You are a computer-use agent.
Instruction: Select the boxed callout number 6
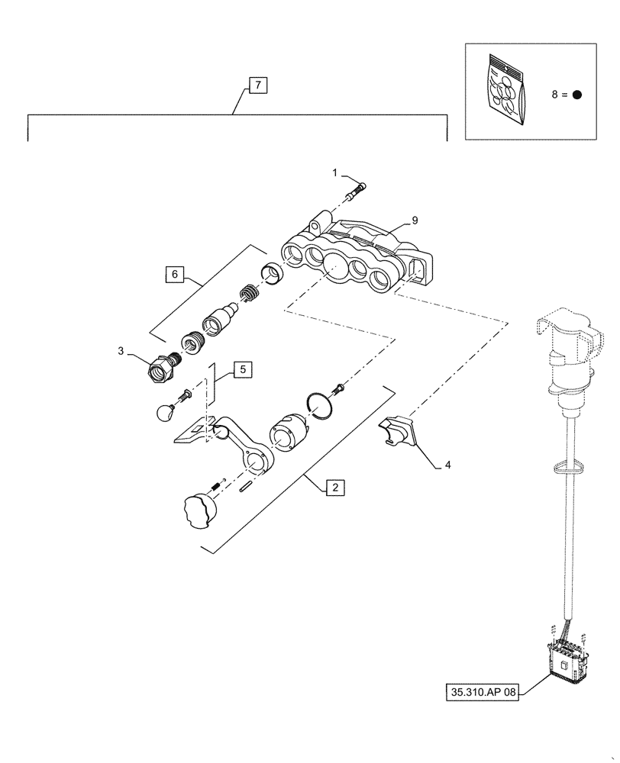(x=175, y=273)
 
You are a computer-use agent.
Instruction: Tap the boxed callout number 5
(x=241, y=369)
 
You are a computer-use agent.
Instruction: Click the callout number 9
(x=415, y=221)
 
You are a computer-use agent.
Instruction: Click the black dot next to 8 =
(x=577, y=95)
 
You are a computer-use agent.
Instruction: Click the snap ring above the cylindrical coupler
(x=322, y=405)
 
